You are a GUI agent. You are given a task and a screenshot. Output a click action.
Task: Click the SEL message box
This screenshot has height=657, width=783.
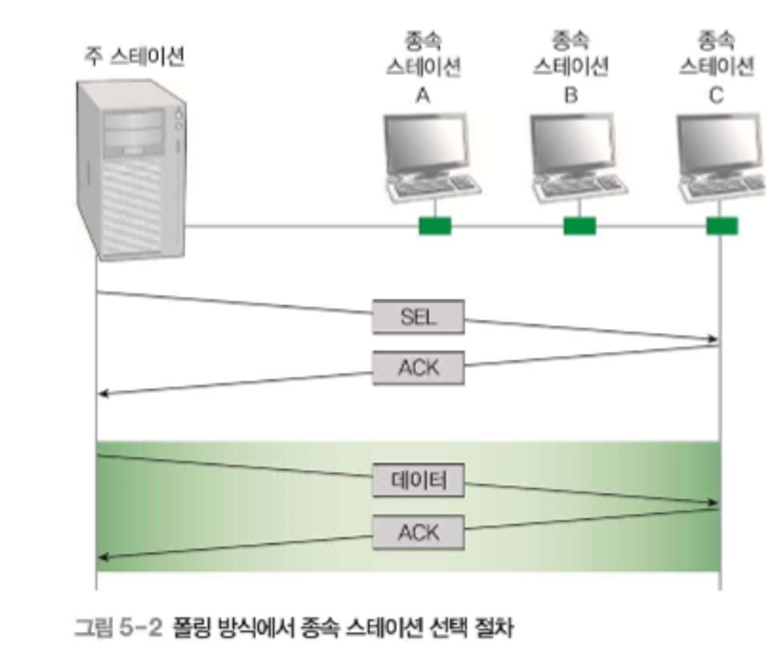click(418, 317)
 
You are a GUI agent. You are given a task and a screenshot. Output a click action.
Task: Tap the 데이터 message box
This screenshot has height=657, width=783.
click(418, 480)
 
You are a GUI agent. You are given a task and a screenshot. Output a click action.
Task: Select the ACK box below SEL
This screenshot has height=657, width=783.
click(418, 368)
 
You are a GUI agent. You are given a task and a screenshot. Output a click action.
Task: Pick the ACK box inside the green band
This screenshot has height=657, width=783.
click(418, 532)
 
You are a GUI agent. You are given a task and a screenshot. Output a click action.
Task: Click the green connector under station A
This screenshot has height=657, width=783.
click(435, 226)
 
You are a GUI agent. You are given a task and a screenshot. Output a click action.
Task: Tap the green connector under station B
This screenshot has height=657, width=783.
click(579, 226)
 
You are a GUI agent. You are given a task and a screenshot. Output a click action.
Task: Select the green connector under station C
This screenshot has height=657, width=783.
click(722, 226)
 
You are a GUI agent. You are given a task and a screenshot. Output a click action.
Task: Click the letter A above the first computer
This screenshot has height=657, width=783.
click(423, 95)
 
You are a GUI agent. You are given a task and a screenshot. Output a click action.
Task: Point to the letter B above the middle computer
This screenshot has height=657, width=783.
click(570, 95)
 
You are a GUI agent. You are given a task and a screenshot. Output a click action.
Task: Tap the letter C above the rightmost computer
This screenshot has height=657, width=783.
click(716, 95)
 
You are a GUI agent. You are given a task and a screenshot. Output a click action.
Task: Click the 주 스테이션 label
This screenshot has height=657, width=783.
click(134, 57)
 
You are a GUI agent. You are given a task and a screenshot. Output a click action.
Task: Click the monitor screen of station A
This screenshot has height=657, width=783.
click(426, 143)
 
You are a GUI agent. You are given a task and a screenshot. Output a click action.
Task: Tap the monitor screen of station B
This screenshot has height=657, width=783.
click(573, 143)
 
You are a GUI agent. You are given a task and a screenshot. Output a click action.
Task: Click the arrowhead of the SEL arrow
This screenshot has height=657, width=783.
click(713, 339)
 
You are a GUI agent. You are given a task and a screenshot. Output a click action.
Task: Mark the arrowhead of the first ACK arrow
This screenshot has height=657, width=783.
click(103, 394)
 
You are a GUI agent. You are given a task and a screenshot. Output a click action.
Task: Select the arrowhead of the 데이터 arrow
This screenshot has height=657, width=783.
click(713, 502)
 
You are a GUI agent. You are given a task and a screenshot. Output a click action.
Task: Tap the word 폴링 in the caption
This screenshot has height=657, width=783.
click(191, 627)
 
